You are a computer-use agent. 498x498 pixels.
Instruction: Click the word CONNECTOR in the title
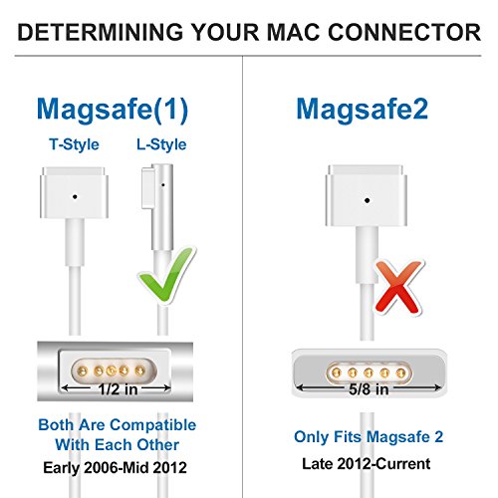click(404, 32)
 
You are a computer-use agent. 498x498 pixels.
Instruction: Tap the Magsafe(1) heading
click(113, 110)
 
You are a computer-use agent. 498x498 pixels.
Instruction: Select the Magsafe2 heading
click(362, 109)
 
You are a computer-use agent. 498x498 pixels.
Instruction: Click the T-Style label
click(74, 144)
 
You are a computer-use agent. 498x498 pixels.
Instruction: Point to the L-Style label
click(161, 144)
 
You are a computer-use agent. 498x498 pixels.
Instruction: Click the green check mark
click(167, 275)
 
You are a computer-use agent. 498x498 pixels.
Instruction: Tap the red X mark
click(399, 287)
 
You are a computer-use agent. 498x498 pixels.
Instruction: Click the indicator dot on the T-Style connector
click(75, 197)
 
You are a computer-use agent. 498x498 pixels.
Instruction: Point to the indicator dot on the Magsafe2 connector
click(367, 200)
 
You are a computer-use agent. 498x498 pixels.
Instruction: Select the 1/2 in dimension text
click(118, 389)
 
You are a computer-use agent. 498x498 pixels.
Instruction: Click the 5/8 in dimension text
click(369, 389)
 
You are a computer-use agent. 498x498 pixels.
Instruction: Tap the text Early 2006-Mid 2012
click(115, 467)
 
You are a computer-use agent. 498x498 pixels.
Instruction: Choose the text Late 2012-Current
click(367, 463)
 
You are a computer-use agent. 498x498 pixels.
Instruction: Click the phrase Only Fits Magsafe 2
click(369, 436)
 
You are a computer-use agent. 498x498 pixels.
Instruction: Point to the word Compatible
click(153, 425)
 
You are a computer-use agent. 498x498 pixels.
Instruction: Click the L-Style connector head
click(157, 206)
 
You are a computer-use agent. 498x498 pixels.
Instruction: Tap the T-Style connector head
click(74, 193)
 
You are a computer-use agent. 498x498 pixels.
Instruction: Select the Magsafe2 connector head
click(367, 196)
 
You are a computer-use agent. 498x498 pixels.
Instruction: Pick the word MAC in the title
click(293, 32)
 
